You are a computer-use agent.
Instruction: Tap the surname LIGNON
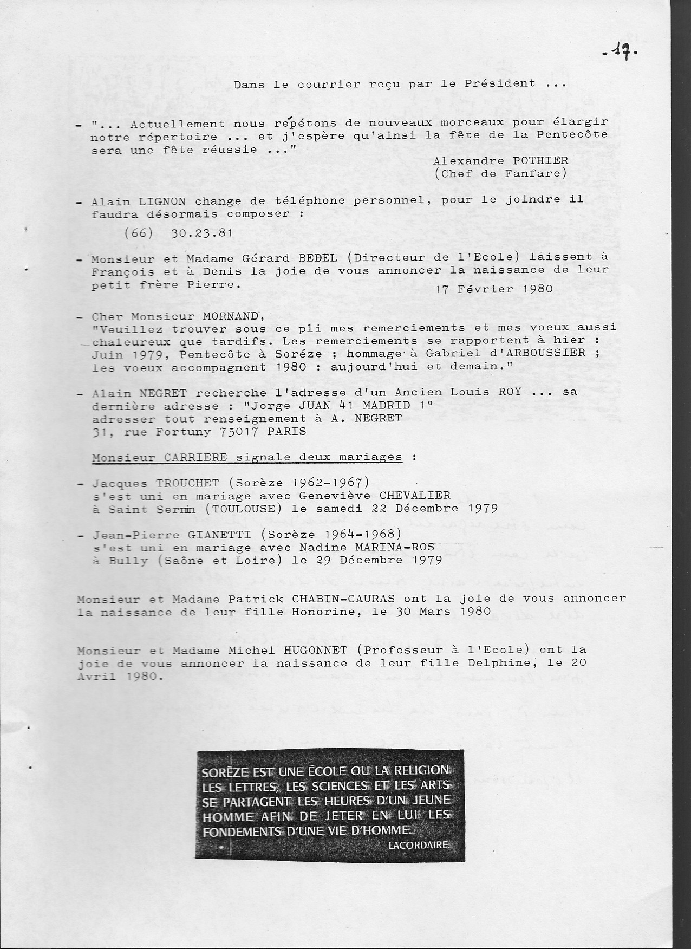click(x=162, y=201)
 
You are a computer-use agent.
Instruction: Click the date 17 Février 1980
click(x=494, y=289)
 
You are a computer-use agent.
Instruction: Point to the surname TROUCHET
click(x=187, y=483)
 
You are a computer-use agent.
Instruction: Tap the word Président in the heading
click(x=499, y=84)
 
